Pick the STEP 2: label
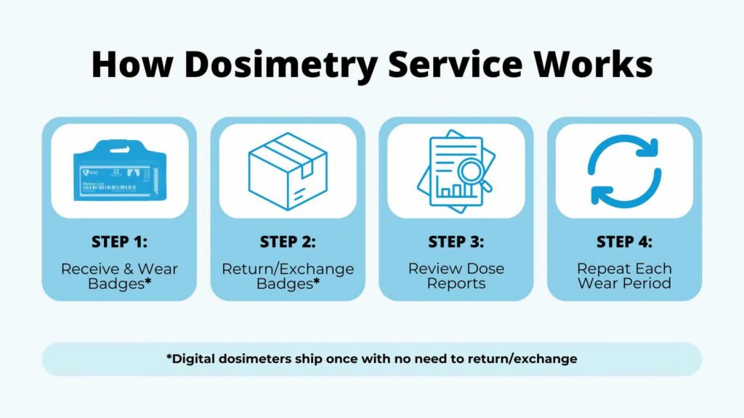coord(288,242)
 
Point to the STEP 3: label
coord(456,242)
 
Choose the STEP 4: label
coord(624,242)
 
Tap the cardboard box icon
coord(288,171)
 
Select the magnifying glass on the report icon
coord(472,173)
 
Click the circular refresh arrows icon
coord(624,171)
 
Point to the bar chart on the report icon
coord(451,191)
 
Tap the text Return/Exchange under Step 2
coord(288,269)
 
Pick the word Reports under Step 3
coord(456,283)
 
